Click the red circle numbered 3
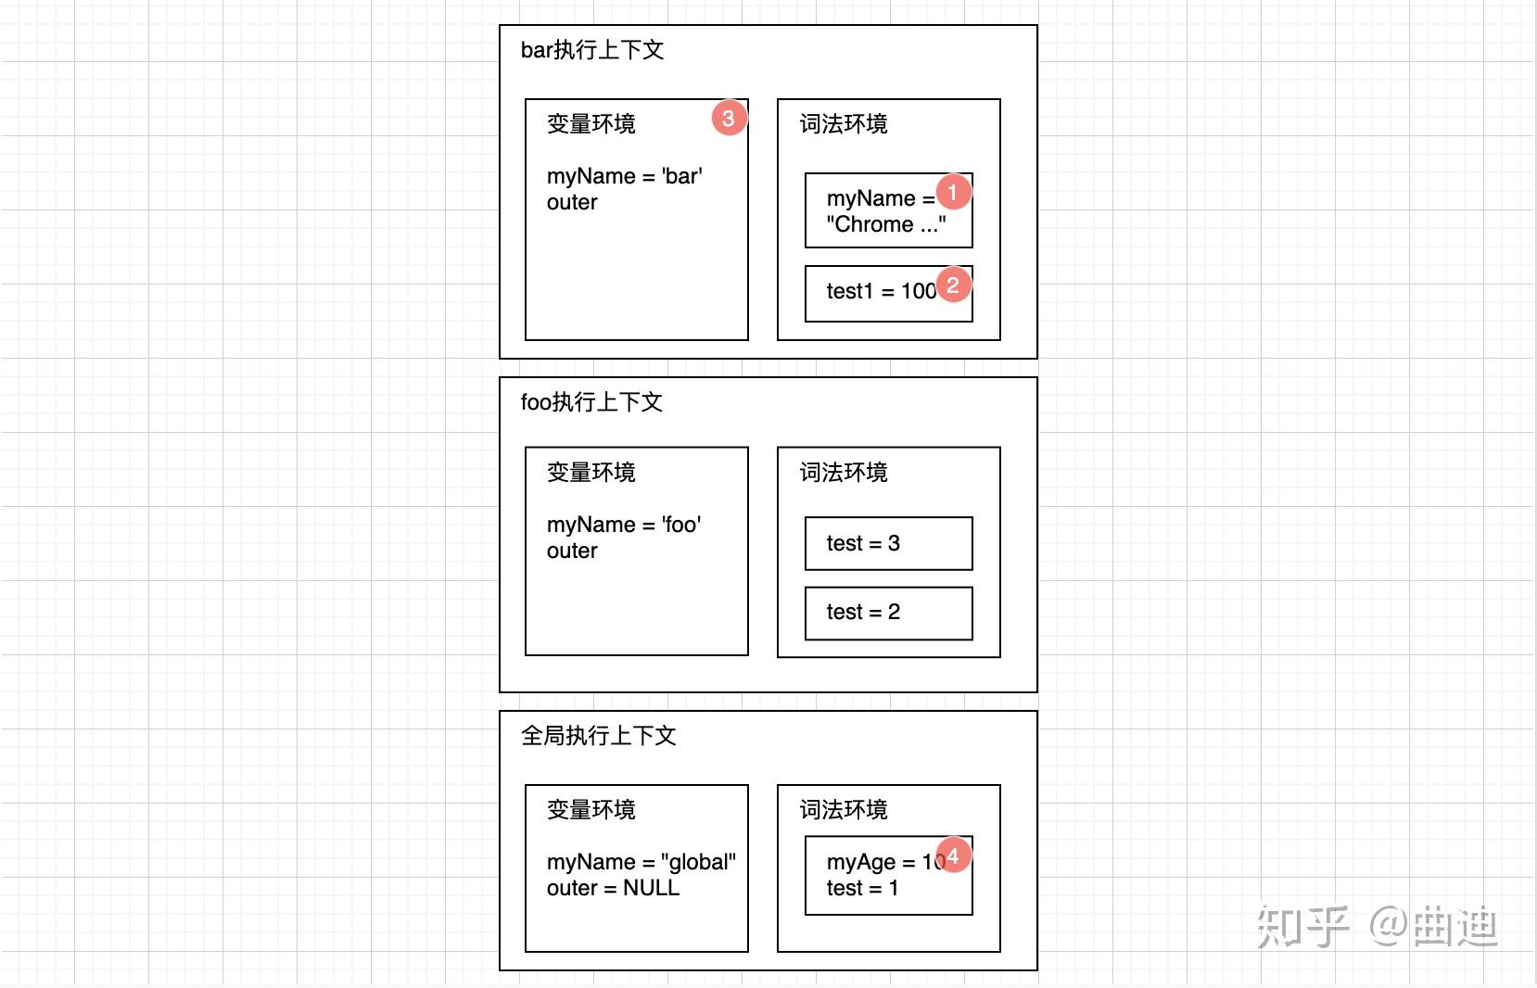tap(729, 119)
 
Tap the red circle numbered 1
tap(953, 193)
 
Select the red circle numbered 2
tap(953, 285)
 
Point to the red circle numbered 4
tap(953, 855)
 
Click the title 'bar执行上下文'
tap(592, 50)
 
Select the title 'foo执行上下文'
tap(591, 402)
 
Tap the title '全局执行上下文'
tap(599, 736)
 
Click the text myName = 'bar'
tap(624, 176)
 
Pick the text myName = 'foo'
tap(624, 525)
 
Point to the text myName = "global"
tap(641, 862)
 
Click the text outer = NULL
tap(613, 888)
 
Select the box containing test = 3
tap(888, 543)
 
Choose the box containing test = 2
tap(888, 613)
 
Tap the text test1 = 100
tap(881, 291)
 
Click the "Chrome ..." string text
tap(886, 224)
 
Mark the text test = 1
tap(862, 888)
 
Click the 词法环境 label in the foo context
tap(844, 473)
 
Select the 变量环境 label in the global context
tap(591, 810)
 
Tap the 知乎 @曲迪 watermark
tap(1378, 927)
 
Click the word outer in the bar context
tap(572, 202)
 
